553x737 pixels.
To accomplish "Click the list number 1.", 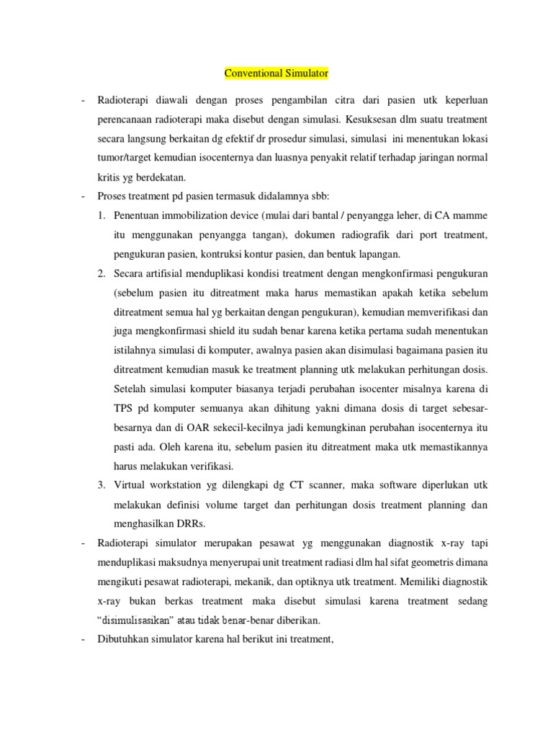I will click(102, 214).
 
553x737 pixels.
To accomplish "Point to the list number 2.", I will click(102, 273).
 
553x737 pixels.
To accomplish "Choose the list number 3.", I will click(102, 484).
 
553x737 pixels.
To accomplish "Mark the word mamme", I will click(472, 214).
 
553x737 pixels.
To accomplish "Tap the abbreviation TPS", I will click(125, 408).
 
